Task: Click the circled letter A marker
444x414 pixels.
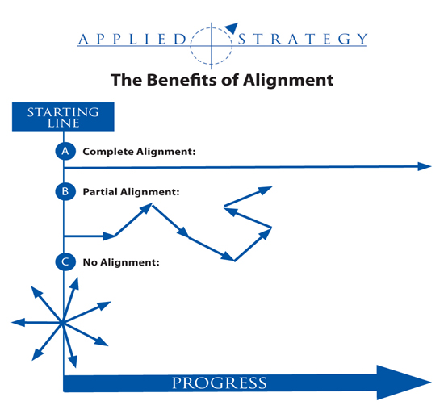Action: click(65, 151)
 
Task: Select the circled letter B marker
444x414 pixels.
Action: click(65, 191)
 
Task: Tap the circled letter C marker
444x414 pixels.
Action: click(65, 262)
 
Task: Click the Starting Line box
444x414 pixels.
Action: click(63, 116)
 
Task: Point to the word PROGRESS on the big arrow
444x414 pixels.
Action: click(220, 383)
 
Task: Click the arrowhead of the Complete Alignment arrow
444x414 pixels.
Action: click(425, 166)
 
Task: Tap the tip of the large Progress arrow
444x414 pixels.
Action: click(431, 383)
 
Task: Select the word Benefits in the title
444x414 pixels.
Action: click(182, 80)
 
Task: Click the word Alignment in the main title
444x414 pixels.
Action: click(288, 81)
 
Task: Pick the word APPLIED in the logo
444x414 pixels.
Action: click(132, 39)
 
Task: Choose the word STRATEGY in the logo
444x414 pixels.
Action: click(303, 39)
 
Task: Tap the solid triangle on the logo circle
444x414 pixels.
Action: click(232, 27)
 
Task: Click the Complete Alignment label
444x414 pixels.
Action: click(139, 152)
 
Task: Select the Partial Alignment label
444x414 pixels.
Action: click(131, 192)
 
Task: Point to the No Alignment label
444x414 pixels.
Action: click(121, 262)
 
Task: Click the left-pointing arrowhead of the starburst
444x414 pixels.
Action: click(18, 322)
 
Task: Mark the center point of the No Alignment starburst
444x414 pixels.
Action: click(63, 323)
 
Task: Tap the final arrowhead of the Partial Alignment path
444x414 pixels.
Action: click(265, 190)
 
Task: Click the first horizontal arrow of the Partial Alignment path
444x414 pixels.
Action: click(90, 236)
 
